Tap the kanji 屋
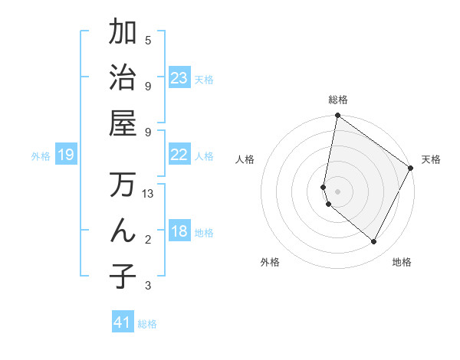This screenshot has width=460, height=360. (123, 123)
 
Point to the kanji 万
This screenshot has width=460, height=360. (123, 185)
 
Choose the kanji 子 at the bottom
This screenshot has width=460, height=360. (123, 275)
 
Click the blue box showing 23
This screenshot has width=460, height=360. (179, 78)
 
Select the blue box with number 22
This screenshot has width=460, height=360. (179, 155)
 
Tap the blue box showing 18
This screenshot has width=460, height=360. (179, 232)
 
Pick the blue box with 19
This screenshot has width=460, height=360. (65, 155)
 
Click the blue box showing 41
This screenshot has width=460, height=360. (123, 322)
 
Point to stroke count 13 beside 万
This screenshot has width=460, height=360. (149, 194)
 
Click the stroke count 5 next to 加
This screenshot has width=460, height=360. (148, 41)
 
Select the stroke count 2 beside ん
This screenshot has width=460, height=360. (148, 240)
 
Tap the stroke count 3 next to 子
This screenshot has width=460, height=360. (148, 286)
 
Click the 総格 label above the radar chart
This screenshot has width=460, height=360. (338, 100)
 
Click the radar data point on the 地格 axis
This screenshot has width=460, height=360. (374, 242)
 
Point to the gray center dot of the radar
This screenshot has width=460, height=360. (338, 191)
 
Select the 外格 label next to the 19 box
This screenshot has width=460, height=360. (41, 156)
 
